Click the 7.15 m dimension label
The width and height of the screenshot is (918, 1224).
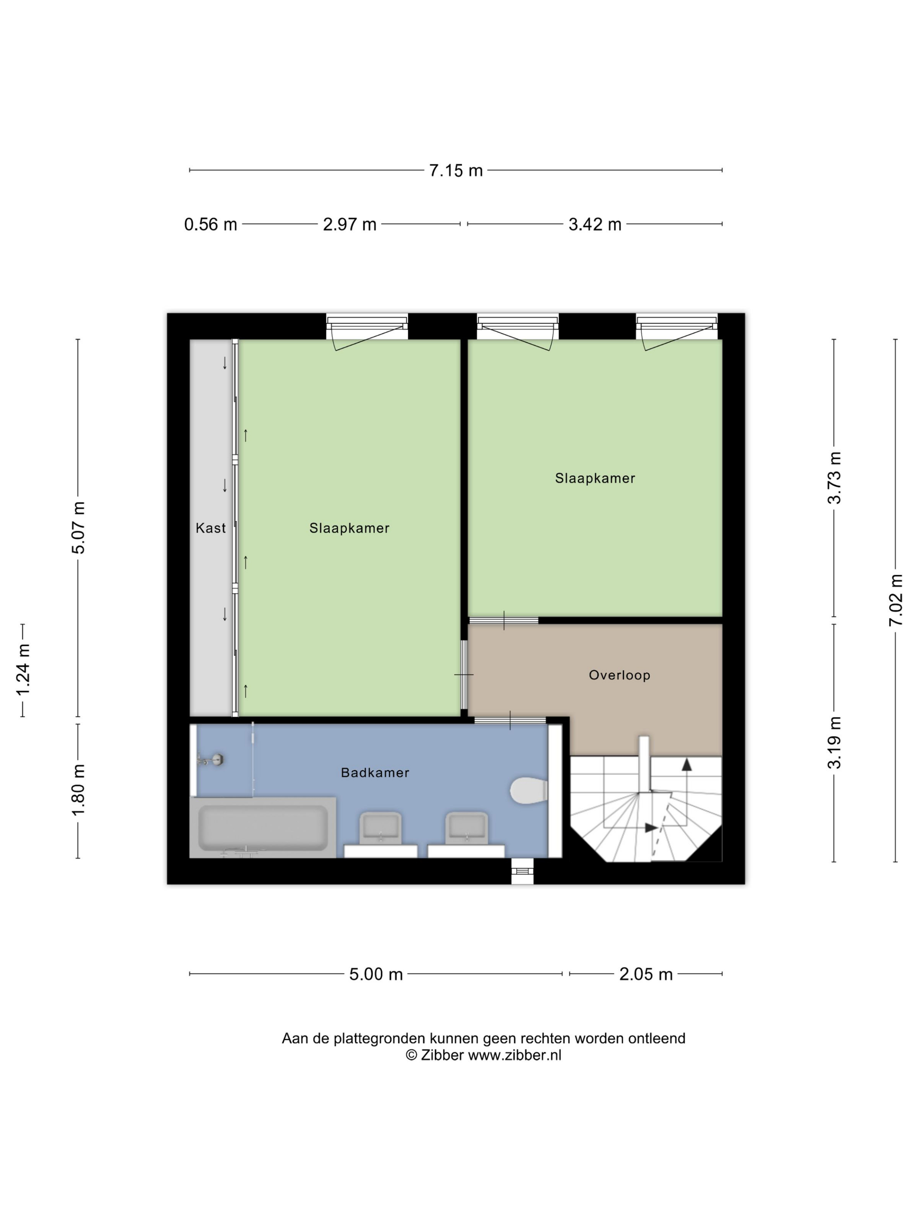(456, 170)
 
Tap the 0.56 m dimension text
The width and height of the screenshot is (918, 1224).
(210, 225)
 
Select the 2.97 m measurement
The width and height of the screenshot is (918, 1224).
(350, 225)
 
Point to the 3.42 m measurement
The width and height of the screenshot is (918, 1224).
(595, 225)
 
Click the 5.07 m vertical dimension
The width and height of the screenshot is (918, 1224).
(79, 527)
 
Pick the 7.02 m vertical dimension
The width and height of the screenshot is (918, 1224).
(896, 600)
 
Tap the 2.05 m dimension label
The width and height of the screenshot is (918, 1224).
(646, 974)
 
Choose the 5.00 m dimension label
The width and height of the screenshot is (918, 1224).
(376, 974)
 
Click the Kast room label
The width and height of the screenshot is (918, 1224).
(211, 528)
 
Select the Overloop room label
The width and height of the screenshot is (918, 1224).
(619, 675)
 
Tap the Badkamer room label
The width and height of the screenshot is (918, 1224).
(375, 772)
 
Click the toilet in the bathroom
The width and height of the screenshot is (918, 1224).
(529, 791)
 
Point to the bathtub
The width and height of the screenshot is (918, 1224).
(263, 828)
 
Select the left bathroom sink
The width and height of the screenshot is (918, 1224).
(381, 828)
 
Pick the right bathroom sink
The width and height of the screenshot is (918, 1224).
(466, 828)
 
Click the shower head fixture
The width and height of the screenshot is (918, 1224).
(211, 760)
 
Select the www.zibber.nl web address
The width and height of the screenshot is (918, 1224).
(515, 1055)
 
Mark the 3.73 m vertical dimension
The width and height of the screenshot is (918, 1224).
(835, 477)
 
